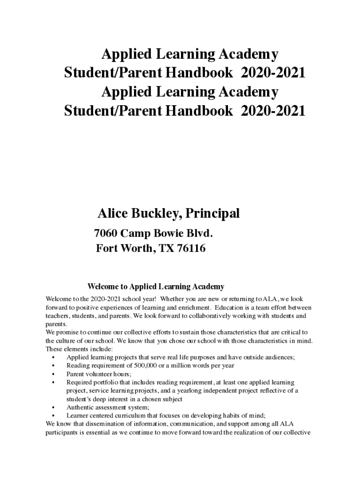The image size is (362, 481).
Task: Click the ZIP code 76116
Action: (x=190, y=248)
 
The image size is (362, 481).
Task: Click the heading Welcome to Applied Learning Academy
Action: (x=156, y=286)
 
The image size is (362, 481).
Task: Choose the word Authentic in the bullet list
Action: (x=79, y=407)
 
